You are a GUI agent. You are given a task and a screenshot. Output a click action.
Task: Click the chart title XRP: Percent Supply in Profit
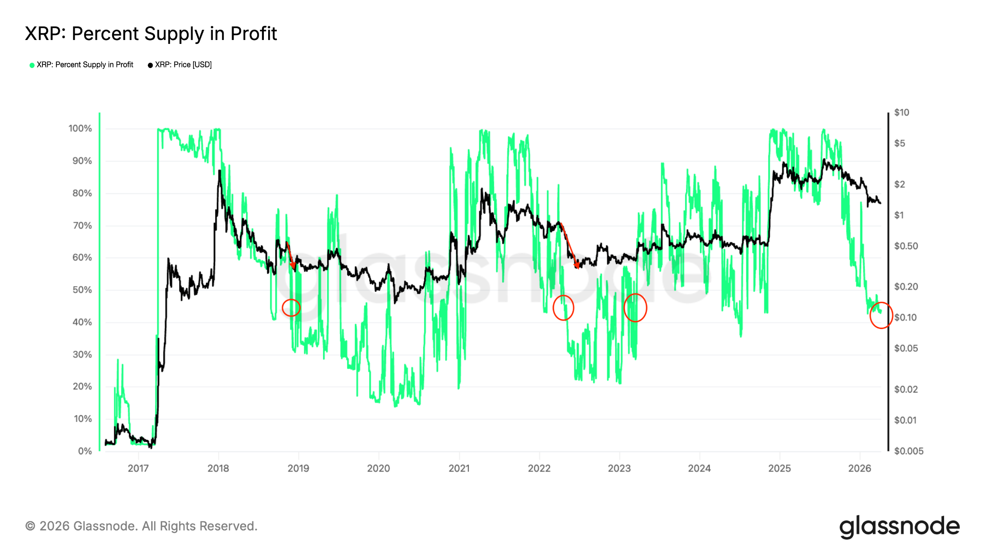[x=151, y=34]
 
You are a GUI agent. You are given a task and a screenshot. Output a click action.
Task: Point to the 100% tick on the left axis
[x=80, y=129]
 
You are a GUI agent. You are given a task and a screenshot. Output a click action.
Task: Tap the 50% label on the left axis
[x=82, y=290]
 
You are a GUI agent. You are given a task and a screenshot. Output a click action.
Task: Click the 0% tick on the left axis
[x=85, y=451]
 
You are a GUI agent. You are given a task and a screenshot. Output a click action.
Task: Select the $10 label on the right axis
[x=901, y=112]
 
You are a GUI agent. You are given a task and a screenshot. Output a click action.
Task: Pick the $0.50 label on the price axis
[x=906, y=246]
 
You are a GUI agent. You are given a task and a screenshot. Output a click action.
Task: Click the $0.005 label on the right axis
[x=908, y=451]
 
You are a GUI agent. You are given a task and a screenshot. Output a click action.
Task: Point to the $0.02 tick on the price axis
[x=906, y=389]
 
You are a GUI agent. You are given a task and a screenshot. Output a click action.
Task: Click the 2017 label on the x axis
[x=138, y=468]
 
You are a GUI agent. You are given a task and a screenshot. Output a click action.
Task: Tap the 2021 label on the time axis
[x=459, y=468]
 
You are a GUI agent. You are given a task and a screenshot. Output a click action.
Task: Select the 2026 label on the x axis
[x=859, y=468]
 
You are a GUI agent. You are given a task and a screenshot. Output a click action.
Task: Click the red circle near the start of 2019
[x=291, y=307]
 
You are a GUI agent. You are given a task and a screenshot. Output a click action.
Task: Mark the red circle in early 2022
[x=563, y=307]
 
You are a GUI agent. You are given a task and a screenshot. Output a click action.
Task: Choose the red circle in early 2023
[x=635, y=308]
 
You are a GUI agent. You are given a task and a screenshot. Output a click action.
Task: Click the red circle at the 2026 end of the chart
[x=881, y=316]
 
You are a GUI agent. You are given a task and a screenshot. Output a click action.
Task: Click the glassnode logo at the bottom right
[x=899, y=527]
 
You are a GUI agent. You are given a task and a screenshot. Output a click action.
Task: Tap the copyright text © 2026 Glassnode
[x=141, y=526]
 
